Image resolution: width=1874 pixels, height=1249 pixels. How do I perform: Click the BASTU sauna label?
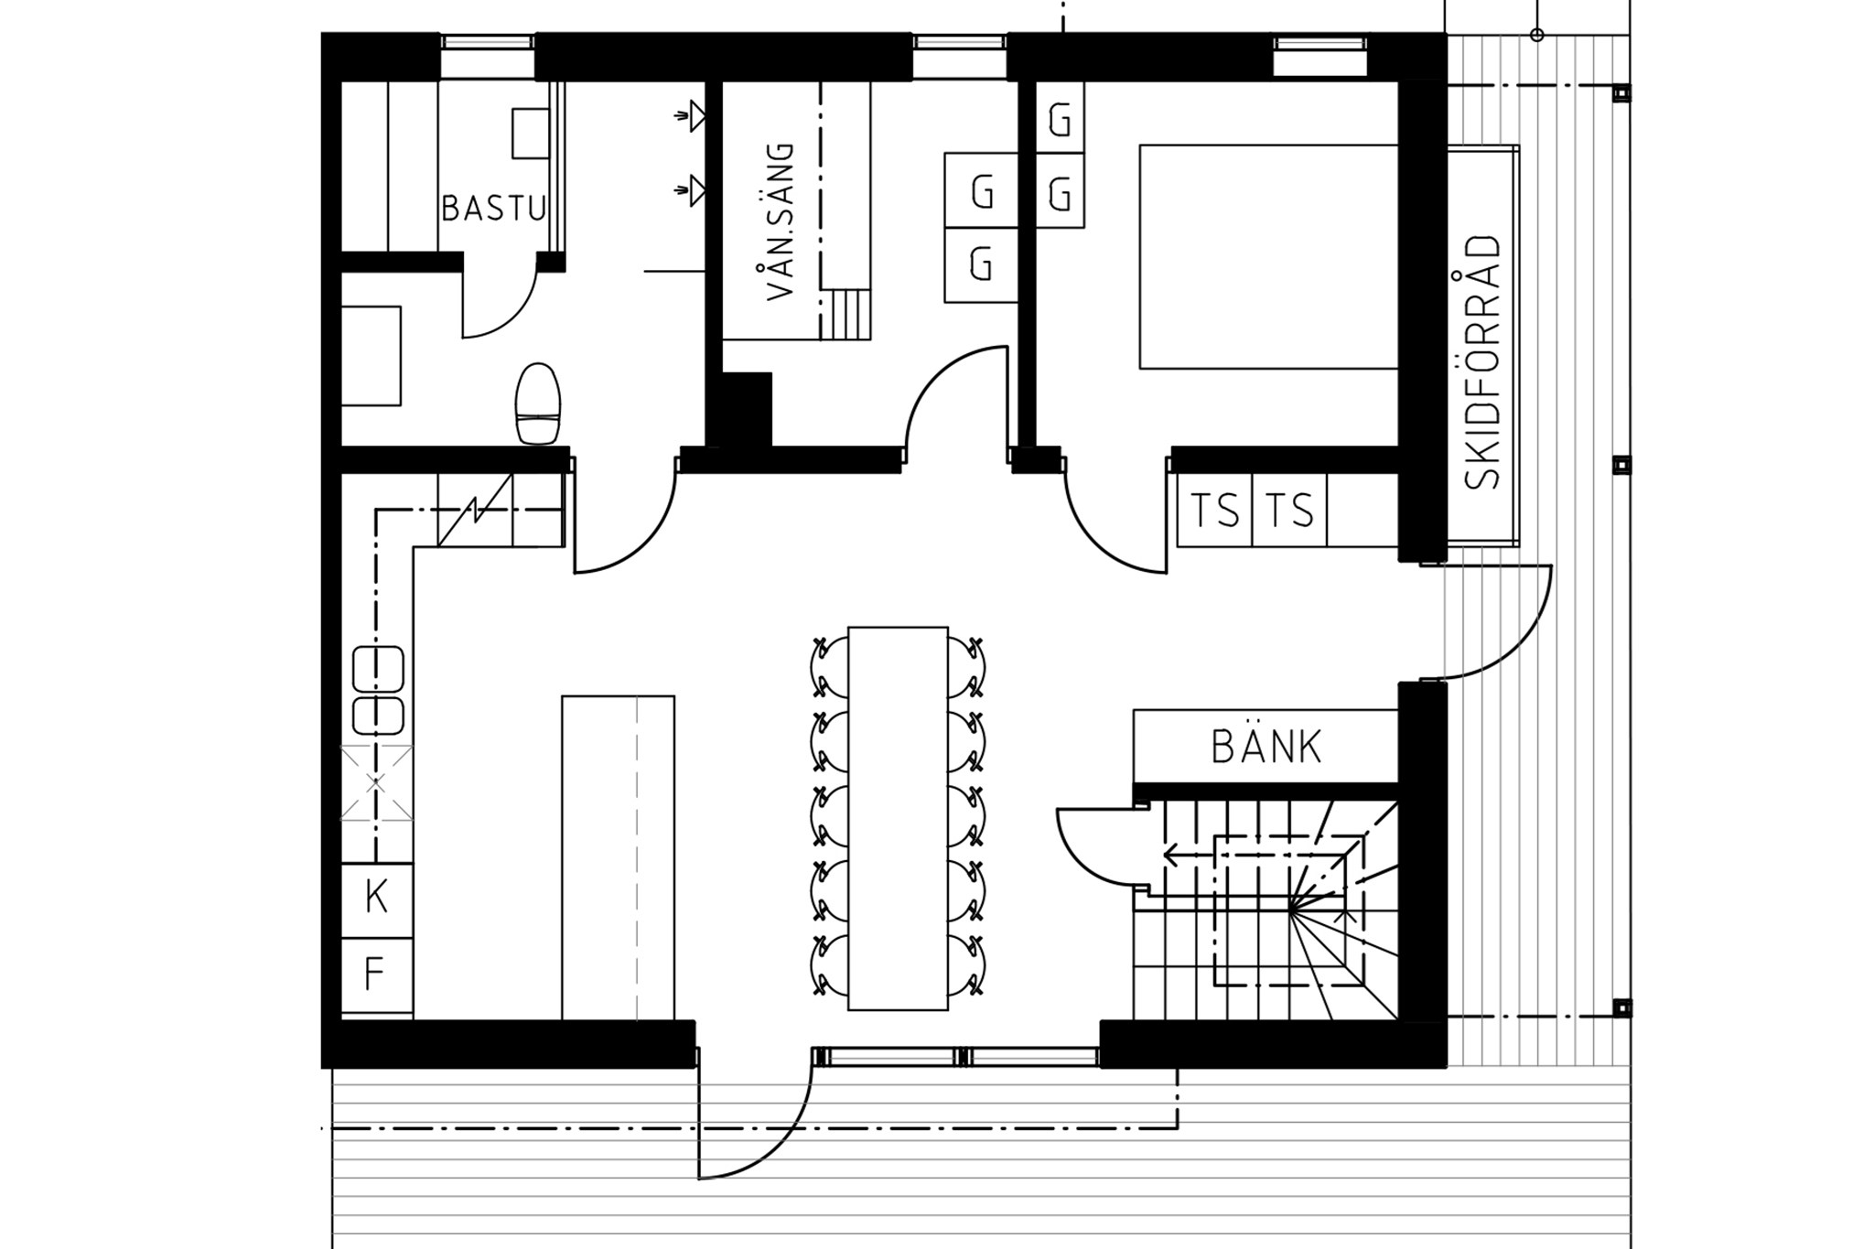[x=493, y=209]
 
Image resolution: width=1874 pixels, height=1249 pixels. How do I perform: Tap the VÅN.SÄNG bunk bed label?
[x=781, y=221]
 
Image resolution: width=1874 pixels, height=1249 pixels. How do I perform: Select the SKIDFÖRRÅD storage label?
[x=1482, y=362]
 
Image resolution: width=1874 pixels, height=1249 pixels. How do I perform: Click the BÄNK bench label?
[x=1266, y=747]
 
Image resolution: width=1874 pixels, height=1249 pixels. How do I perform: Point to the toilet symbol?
[x=537, y=404]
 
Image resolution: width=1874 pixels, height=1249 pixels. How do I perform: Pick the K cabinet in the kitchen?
[x=376, y=899]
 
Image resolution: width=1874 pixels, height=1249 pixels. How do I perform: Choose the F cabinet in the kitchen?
[x=376, y=974]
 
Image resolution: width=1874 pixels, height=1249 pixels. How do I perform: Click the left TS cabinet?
[x=1214, y=510]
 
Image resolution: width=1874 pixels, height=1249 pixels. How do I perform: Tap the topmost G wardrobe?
[x=1060, y=117]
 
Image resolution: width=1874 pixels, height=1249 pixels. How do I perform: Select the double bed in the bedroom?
[x=1268, y=256]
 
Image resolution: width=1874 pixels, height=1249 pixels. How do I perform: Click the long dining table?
[x=898, y=818]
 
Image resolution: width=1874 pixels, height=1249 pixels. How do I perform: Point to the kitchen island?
[x=618, y=857]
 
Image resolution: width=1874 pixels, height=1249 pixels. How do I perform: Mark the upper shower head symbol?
[x=691, y=116]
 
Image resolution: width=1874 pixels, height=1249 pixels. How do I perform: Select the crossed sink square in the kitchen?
[x=376, y=783]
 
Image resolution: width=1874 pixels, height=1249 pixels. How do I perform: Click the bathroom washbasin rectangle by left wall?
[x=371, y=355]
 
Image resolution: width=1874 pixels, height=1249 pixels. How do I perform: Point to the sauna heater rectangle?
[x=530, y=134]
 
